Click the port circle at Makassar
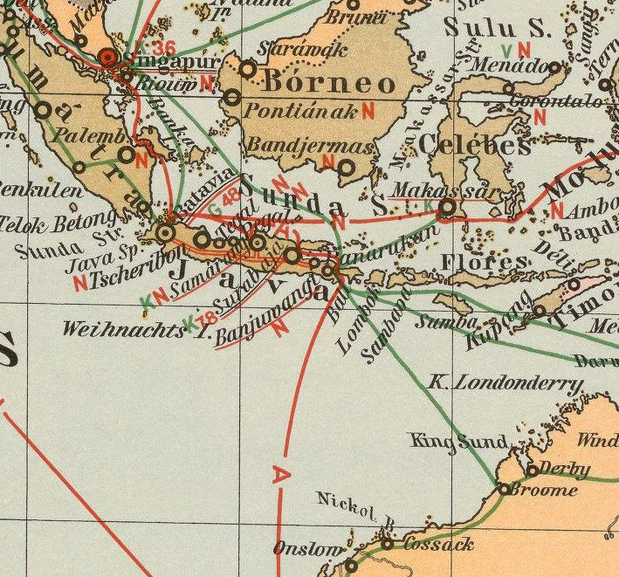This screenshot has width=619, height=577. pos(448,207)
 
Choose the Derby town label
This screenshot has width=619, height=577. pos(565,469)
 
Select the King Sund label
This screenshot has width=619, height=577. pos(458,442)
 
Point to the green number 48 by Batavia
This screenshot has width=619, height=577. pos(230,196)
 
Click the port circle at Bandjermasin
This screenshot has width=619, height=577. pos(347,168)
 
